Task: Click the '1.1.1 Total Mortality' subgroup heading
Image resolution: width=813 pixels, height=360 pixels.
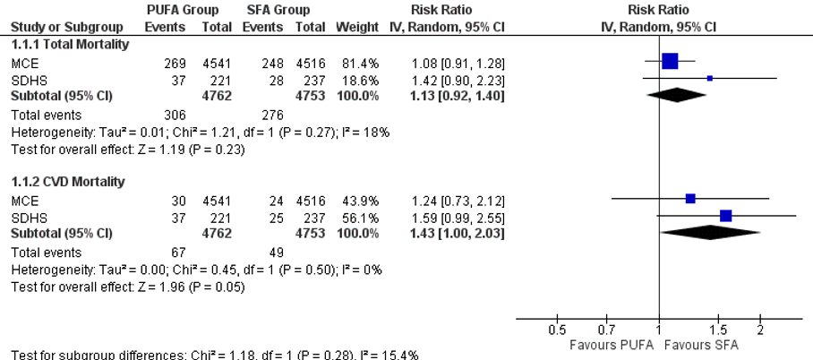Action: (x=70, y=43)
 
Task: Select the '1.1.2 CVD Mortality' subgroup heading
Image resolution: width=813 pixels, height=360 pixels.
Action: (x=68, y=181)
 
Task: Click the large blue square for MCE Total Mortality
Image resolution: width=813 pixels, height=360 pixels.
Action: (x=670, y=61)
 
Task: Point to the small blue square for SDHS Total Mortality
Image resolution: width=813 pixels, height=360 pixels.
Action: (x=710, y=79)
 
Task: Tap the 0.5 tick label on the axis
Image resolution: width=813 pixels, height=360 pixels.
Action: (x=556, y=330)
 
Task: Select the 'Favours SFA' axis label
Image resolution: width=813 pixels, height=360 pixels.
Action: (x=703, y=345)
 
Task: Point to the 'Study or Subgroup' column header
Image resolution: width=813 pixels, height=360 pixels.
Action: (x=56, y=27)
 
